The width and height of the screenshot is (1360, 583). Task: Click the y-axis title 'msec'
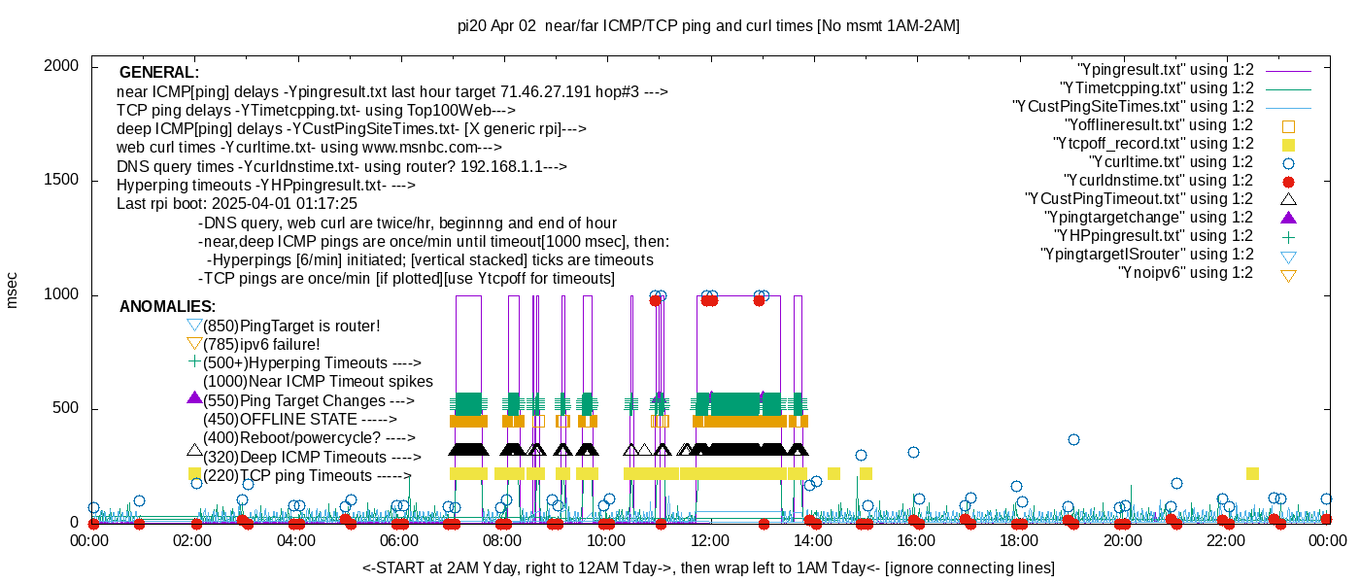[x=13, y=290]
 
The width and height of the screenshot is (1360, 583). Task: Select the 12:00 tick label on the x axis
[x=710, y=540]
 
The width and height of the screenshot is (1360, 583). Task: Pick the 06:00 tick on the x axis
[x=400, y=540]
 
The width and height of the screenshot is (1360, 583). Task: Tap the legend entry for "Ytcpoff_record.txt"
[x=1153, y=144]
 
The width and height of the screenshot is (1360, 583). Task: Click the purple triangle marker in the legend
[x=1289, y=218]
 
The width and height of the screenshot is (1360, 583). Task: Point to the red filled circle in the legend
[x=1289, y=181]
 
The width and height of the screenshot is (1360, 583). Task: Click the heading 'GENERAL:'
[x=159, y=73]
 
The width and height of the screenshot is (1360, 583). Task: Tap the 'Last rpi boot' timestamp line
[x=237, y=204]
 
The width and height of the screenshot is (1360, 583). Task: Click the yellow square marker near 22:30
[x=1252, y=474]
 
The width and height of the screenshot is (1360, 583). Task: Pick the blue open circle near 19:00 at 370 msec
[x=1073, y=440]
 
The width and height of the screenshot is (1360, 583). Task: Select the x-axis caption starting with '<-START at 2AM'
[x=708, y=567]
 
